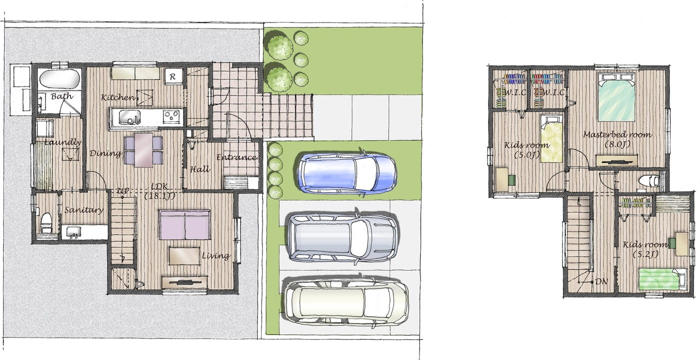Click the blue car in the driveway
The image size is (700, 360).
347,173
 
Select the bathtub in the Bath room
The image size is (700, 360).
59,78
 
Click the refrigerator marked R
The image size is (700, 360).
173,76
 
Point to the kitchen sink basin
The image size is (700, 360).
129,117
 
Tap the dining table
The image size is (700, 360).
144,150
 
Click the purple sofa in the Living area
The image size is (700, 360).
184,224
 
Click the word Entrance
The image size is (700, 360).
236,157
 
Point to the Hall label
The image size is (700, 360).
200,169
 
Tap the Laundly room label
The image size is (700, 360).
63,142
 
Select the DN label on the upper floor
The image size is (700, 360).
601,281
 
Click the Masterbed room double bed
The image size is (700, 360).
616,97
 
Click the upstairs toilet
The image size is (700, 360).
648,180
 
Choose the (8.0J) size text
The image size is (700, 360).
617,144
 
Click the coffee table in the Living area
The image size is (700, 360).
184,256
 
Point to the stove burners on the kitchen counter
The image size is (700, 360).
171,116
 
